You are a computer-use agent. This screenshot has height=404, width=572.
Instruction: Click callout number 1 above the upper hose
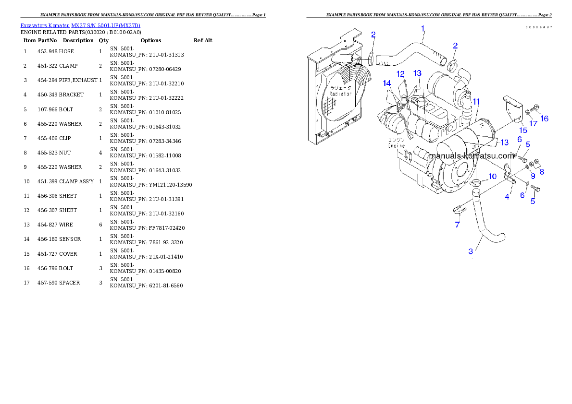(423, 29)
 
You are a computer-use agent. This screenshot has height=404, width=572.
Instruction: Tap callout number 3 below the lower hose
(471, 251)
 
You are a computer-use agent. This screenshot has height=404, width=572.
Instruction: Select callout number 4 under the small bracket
(507, 197)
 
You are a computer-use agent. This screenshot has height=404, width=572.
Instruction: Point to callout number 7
(457, 224)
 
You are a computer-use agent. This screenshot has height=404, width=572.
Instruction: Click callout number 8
(542, 171)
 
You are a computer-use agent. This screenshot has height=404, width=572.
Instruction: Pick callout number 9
(533, 176)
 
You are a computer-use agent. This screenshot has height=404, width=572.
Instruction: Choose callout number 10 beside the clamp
(492, 177)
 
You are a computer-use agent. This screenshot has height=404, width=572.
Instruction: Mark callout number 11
(476, 102)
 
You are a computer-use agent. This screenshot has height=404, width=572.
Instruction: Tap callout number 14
(387, 83)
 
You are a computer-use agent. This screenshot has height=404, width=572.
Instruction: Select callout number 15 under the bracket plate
(523, 130)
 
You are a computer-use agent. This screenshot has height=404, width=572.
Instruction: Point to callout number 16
(544, 119)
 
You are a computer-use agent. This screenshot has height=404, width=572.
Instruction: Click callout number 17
(534, 123)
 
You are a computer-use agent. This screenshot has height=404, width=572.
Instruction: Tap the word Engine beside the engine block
(398, 145)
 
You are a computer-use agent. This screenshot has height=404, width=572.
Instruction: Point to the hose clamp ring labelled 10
(475, 182)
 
